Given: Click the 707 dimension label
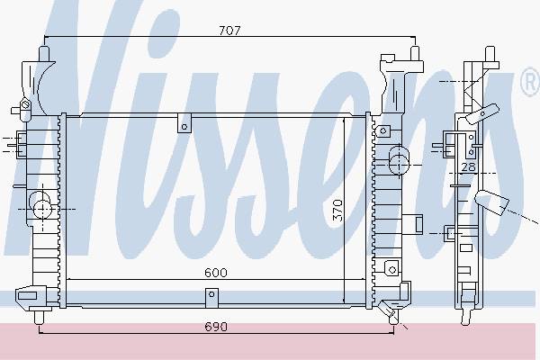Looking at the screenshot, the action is click(x=229, y=31).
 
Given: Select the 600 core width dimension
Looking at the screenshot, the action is click(x=216, y=273).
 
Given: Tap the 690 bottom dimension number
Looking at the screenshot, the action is click(x=216, y=327).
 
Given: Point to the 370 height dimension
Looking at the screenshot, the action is click(x=337, y=211).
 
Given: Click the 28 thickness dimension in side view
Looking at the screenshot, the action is click(x=468, y=167).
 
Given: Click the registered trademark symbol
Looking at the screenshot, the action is click(x=531, y=82).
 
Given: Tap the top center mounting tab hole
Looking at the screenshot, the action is click(x=184, y=127).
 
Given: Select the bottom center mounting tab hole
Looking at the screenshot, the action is click(x=211, y=294).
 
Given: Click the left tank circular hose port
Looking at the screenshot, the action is click(x=42, y=209).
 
